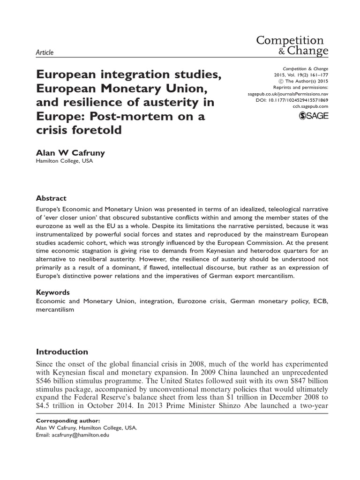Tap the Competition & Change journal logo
[292, 45]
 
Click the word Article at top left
[45, 52]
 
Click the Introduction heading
[62, 352]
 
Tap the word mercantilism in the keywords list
[55, 310]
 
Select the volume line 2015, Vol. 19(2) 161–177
[300, 74]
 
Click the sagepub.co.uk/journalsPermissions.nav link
[288, 94]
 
